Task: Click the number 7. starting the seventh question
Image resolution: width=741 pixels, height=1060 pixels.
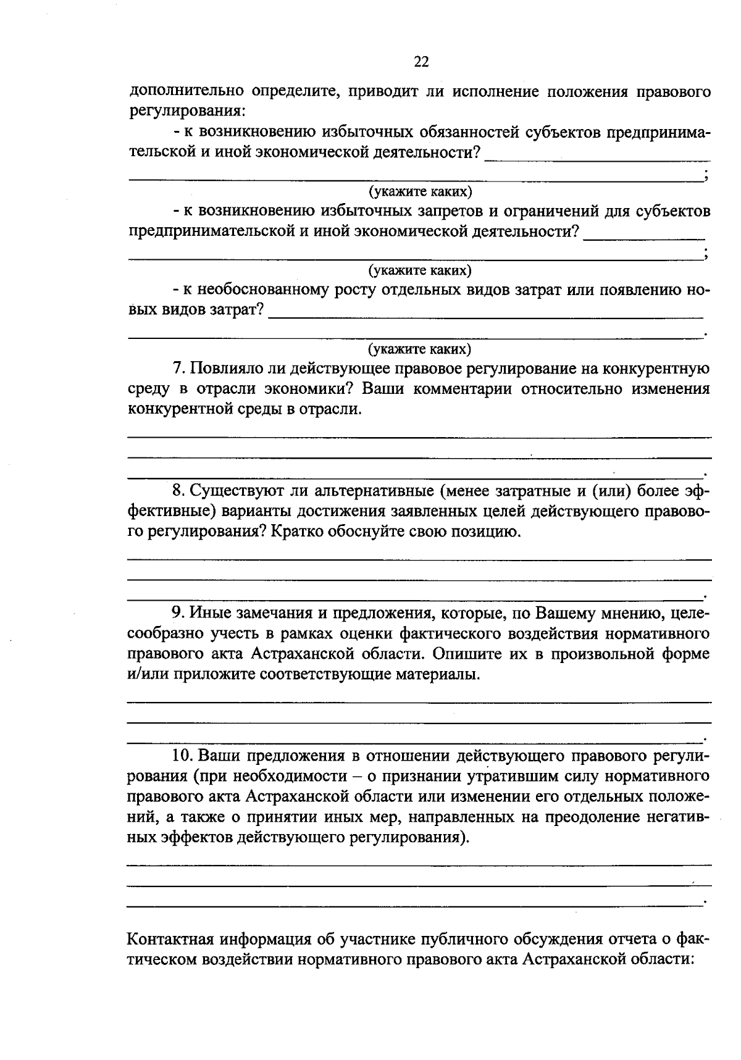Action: (x=178, y=369)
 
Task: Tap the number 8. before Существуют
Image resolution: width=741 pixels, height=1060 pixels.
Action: (x=178, y=490)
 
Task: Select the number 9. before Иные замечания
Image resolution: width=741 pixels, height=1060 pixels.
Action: (x=178, y=612)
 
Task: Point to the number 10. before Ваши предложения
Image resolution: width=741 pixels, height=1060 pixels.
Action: (x=183, y=756)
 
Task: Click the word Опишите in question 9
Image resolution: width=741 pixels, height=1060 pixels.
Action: (x=465, y=653)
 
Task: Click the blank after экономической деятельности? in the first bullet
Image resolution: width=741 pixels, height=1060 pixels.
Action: (x=596, y=157)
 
